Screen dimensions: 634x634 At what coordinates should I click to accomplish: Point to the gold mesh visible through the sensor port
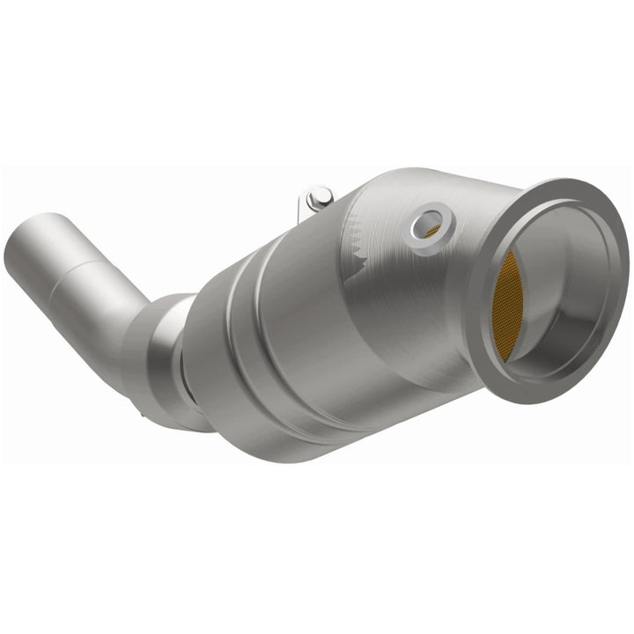pos(432,231)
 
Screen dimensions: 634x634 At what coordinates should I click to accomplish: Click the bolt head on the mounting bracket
pos(321,195)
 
